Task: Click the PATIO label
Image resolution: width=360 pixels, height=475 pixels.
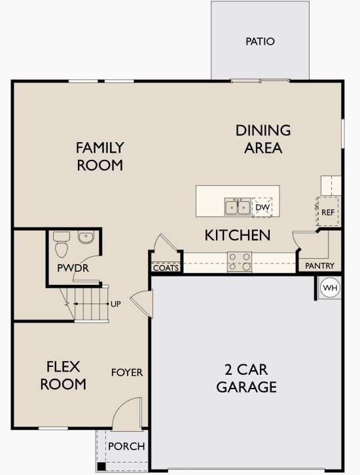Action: click(x=260, y=41)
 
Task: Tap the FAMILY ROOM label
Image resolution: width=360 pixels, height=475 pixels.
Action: click(x=99, y=156)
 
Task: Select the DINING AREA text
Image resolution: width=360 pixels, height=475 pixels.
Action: click(x=263, y=139)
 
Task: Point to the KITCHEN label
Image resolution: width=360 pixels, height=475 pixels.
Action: click(x=238, y=235)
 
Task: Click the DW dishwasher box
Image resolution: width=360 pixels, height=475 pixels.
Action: click(x=262, y=207)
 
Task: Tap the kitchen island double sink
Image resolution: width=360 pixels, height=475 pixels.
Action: click(x=237, y=207)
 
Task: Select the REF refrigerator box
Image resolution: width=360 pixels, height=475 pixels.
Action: click(x=328, y=212)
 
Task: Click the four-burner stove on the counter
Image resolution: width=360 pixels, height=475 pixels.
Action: click(x=239, y=261)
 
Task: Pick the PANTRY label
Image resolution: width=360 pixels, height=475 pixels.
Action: click(x=320, y=266)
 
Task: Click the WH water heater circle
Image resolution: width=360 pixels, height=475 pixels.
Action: click(x=329, y=288)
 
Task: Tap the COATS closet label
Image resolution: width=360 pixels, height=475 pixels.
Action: click(x=166, y=267)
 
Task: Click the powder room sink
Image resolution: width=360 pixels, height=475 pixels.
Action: click(x=86, y=237)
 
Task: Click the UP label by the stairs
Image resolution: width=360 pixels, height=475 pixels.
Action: click(x=116, y=304)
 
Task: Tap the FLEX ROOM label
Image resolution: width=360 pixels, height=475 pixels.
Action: click(x=63, y=375)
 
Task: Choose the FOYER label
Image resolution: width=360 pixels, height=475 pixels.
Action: click(x=127, y=372)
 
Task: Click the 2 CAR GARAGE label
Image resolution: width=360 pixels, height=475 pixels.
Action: click(x=247, y=378)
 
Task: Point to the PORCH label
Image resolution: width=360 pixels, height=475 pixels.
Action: click(x=126, y=446)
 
